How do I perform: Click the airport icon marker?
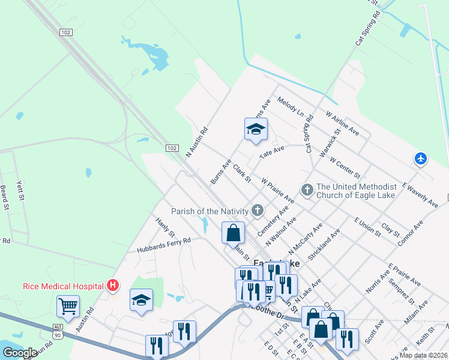(421, 158)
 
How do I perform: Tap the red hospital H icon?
(112, 286)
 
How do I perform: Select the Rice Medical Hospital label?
(62, 287)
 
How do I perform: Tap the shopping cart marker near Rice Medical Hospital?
(68, 306)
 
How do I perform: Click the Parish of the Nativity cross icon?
(258, 210)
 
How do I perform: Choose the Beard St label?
(4, 196)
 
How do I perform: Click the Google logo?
(20, 353)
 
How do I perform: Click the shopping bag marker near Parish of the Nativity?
(233, 233)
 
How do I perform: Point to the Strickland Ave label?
(324, 243)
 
